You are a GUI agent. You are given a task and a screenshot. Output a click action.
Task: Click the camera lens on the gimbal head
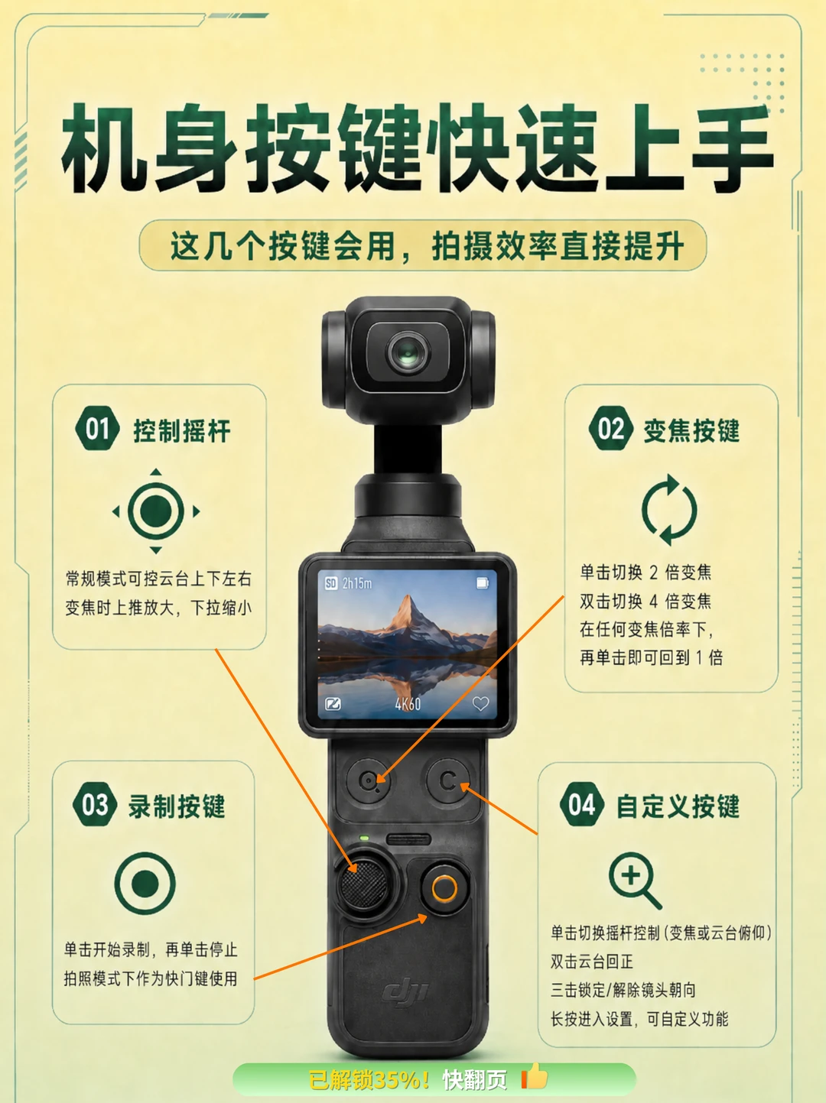[408, 352]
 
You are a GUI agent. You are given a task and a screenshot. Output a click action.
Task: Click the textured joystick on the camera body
[365, 885]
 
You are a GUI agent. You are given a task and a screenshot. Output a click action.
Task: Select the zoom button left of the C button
[369, 780]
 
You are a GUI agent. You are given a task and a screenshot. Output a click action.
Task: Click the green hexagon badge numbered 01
[97, 428]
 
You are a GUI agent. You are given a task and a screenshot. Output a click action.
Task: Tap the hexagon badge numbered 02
[611, 428]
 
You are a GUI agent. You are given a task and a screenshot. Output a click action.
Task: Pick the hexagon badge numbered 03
[95, 804]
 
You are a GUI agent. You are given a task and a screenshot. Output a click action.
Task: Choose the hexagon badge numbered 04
[582, 804]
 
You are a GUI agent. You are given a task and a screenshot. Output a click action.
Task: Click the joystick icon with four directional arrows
[156, 511]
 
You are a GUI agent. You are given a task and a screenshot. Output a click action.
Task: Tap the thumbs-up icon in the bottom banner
[535, 1076]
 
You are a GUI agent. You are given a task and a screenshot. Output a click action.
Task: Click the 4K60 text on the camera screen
[407, 704]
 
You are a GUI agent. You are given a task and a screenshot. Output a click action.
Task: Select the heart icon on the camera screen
[480, 703]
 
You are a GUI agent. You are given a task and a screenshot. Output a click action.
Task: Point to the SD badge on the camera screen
[330, 583]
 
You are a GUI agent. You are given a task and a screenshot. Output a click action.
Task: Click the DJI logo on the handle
[405, 993]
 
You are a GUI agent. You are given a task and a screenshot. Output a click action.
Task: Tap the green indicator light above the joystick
[364, 839]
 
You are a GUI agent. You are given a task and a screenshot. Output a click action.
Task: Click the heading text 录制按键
[176, 806]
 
